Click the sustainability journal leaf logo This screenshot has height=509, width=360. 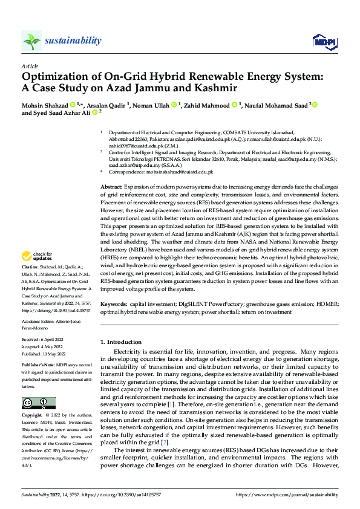31,41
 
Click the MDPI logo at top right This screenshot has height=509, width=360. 323,41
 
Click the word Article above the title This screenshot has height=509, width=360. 30,66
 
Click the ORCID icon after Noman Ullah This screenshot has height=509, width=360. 172,105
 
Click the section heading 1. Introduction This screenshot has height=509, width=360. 123,342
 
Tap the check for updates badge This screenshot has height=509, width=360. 37,274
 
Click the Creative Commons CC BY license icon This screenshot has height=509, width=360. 38,403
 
